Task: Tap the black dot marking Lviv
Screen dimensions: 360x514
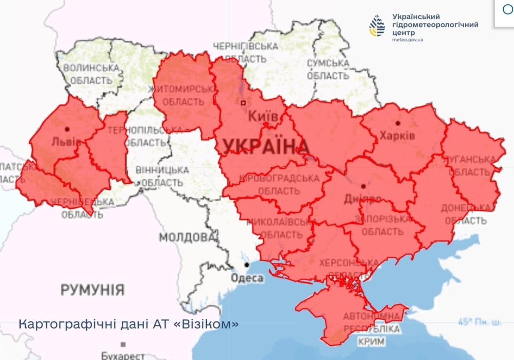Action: (x=67, y=129)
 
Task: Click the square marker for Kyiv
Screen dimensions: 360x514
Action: (x=243, y=103)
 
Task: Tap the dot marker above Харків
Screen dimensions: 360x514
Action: (x=398, y=123)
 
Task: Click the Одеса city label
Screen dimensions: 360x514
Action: (x=247, y=278)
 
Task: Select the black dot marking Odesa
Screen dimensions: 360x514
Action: (x=247, y=265)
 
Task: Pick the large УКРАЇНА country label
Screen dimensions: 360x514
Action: (x=265, y=147)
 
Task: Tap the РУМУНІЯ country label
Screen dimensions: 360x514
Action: (x=92, y=290)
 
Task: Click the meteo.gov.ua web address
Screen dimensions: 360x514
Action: (x=408, y=40)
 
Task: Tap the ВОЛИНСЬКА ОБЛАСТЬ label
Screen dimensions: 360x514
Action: (x=91, y=74)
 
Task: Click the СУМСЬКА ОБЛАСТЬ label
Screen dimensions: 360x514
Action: (x=328, y=69)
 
